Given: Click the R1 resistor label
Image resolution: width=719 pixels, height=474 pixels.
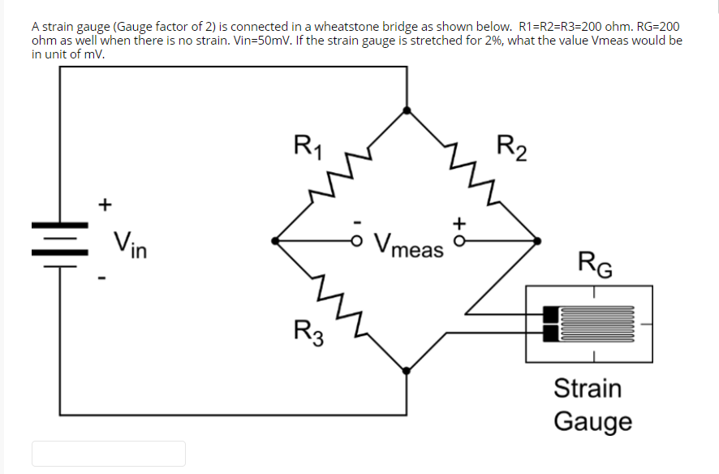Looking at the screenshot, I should (308, 147).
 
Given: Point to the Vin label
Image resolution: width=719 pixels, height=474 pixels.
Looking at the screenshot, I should (129, 242).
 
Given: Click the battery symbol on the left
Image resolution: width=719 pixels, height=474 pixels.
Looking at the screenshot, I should (60, 239).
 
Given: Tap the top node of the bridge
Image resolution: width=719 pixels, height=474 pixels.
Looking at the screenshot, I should (407, 109).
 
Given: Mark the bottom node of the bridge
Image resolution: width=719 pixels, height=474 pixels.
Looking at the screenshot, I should (407, 370).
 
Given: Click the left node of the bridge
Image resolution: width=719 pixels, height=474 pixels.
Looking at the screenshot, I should (276, 240).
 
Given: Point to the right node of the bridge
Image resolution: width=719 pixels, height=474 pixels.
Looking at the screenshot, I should (536, 240).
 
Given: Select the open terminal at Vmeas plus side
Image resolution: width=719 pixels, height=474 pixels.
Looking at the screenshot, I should (459, 240).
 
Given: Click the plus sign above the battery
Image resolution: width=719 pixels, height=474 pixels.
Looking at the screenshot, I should (104, 204).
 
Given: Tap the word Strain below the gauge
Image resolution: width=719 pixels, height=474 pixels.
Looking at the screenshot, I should (588, 388).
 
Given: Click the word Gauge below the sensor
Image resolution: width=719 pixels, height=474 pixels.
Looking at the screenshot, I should (592, 422).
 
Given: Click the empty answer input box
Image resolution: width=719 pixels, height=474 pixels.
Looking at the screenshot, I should (109, 453).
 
